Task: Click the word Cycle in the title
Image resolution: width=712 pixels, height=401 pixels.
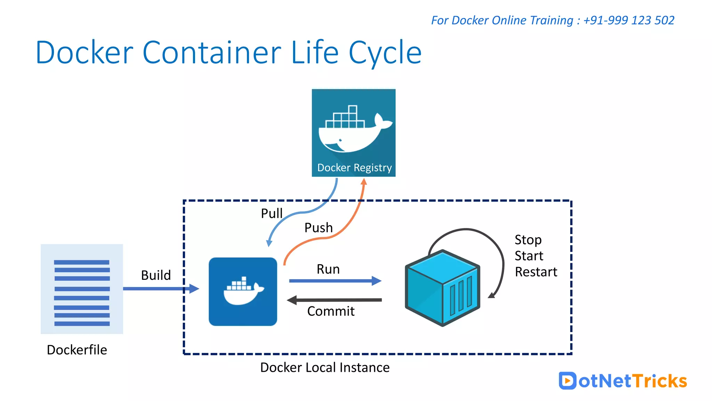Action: pyautogui.click(x=385, y=53)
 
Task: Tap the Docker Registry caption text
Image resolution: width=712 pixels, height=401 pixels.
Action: pyautogui.click(x=354, y=168)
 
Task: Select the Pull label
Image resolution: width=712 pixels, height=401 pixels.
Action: pyautogui.click(x=272, y=213)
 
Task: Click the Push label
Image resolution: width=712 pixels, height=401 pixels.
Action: pyautogui.click(x=318, y=228)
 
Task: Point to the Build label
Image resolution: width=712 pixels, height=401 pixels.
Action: pyautogui.click(x=156, y=275)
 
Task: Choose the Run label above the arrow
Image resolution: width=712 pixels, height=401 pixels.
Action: pyautogui.click(x=328, y=269)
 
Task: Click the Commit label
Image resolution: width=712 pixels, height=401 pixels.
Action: pyautogui.click(x=331, y=311)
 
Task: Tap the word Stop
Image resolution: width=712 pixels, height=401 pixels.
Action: pyautogui.click(x=528, y=240)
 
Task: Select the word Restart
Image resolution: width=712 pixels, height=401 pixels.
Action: pyautogui.click(x=536, y=272)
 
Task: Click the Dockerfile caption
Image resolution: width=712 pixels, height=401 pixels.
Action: pyautogui.click(x=77, y=350)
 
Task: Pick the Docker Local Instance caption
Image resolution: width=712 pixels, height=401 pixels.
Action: pyautogui.click(x=325, y=368)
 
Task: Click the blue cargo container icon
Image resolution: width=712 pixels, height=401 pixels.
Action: pyautogui.click(x=442, y=288)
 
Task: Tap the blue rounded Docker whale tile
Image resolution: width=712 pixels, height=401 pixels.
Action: pyautogui.click(x=243, y=292)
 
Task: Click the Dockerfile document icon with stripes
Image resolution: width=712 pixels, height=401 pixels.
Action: pyautogui.click(x=82, y=289)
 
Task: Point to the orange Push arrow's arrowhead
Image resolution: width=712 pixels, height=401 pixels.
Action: pyautogui.click(x=364, y=182)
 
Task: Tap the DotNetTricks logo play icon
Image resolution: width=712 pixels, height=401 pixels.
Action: pyautogui.click(x=567, y=380)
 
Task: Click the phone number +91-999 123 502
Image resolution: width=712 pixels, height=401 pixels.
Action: pyautogui.click(x=629, y=20)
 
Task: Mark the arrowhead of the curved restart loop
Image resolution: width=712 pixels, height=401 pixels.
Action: pyautogui.click(x=492, y=295)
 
